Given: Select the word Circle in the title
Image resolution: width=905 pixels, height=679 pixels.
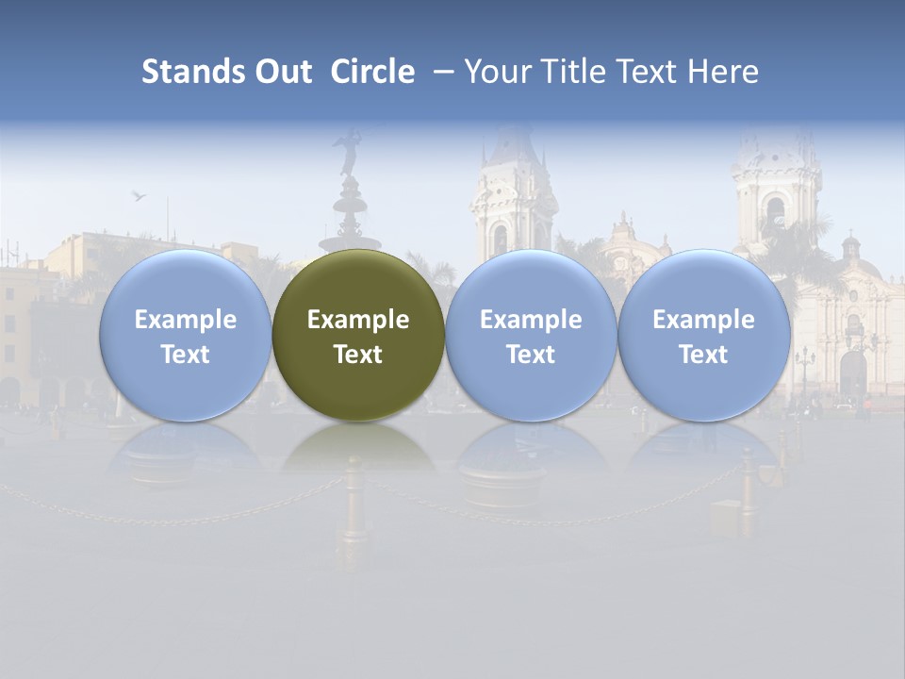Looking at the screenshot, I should coord(372,72).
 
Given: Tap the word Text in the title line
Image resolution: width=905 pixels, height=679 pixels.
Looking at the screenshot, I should coord(647,72).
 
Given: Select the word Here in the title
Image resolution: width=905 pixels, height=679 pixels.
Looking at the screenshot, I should coord(723,72).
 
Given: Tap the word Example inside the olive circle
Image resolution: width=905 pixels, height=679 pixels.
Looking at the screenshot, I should coord(358,320).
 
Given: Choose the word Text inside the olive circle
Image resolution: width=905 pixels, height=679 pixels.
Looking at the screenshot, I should coord(358,355).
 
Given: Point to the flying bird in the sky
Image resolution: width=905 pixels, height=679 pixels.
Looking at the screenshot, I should coord(139,195).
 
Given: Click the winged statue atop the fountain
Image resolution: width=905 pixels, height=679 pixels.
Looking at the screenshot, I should coord(349,151).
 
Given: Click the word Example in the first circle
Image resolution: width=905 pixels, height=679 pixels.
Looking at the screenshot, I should coord(185,320).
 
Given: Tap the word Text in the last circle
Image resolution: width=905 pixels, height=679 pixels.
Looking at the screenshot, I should coord(703,355).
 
